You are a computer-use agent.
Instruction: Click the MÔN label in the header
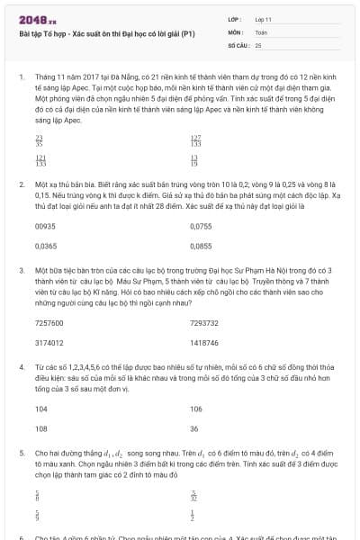(x=233, y=31)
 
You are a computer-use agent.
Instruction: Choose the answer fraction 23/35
(x=38, y=140)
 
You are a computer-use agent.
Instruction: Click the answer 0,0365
(x=44, y=245)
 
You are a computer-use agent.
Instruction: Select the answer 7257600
(x=49, y=322)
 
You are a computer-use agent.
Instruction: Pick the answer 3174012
(x=49, y=342)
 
